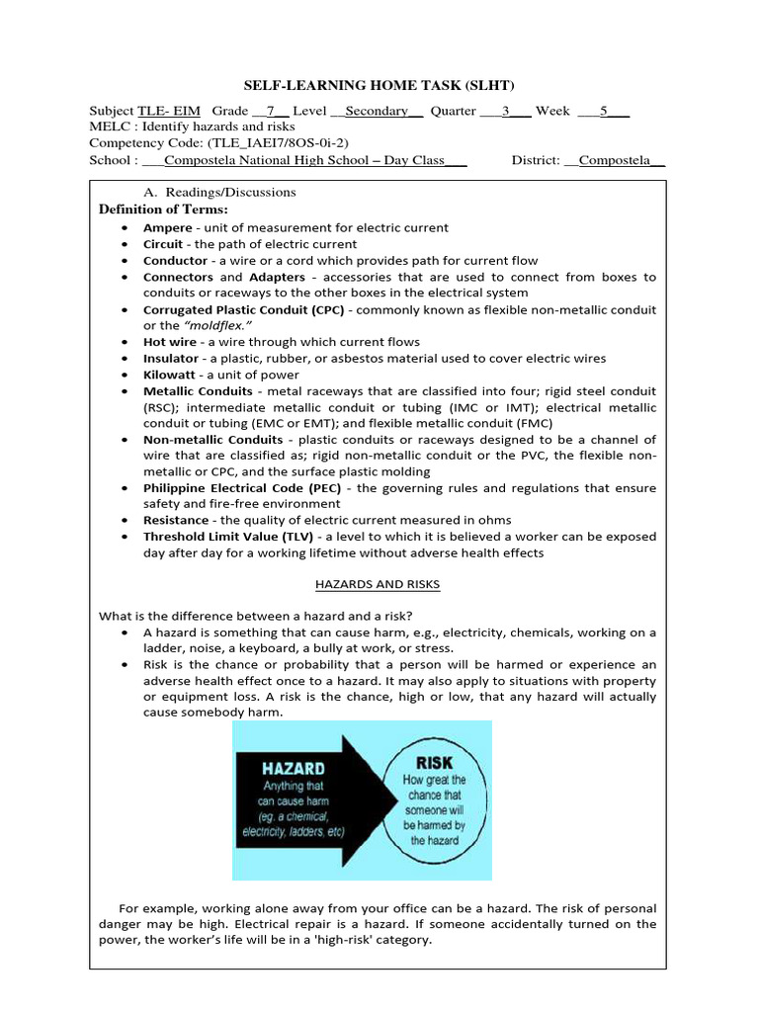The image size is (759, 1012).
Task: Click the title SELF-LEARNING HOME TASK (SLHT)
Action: (x=379, y=86)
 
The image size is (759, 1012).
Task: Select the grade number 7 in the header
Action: (x=270, y=111)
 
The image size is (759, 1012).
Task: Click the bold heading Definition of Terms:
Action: (x=163, y=210)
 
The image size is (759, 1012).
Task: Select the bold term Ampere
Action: (x=167, y=228)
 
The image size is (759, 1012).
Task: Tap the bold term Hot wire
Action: (x=170, y=342)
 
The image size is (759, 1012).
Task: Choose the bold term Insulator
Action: (x=171, y=359)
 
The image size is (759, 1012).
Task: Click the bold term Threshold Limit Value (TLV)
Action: (x=229, y=537)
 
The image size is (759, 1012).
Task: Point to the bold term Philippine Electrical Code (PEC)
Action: (x=245, y=488)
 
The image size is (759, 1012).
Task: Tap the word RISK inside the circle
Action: (x=434, y=764)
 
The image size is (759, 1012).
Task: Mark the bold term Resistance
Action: (x=176, y=521)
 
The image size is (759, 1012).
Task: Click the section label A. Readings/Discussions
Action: (x=219, y=192)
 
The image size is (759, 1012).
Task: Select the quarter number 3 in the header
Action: (x=505, y=111)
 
